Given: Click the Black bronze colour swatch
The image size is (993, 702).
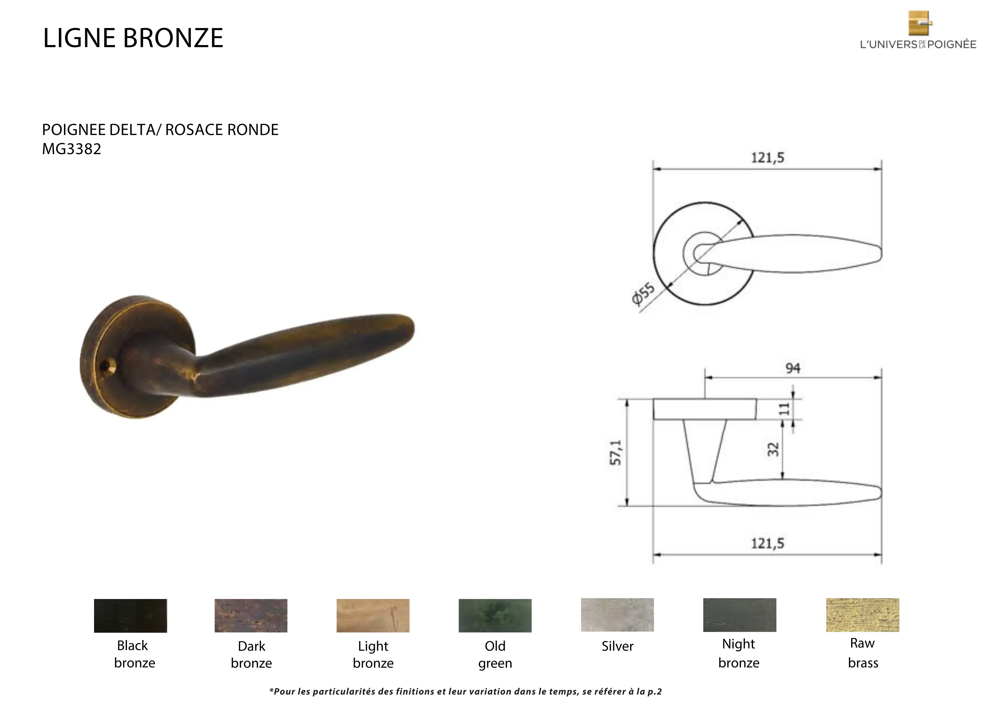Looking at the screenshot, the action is [x=130, y=616].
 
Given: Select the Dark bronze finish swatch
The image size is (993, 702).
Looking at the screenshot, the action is [x=251, y=616].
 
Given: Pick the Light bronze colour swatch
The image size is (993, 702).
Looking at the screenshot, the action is [x=373, y=616].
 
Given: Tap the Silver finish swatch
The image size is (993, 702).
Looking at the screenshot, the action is [x=617, y=615].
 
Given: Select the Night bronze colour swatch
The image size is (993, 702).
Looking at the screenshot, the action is [x=740, y=615].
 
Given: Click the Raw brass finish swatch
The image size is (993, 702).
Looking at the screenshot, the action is [x=862, y=615].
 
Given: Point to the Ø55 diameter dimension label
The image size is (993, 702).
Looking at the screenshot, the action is [x=643, y=294].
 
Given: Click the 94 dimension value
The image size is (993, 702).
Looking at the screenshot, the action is [x=793, y=368].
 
